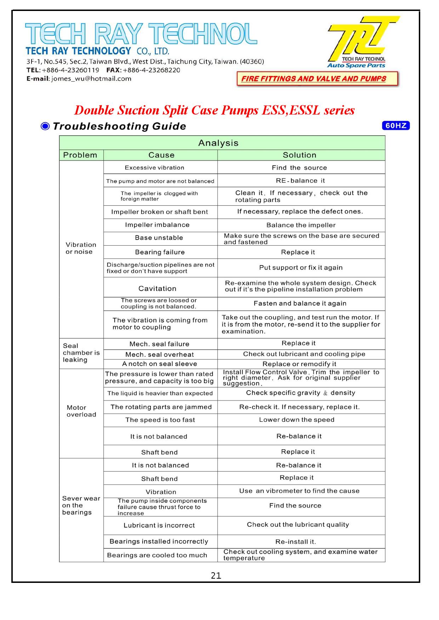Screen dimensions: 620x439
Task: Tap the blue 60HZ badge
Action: coord(395,126)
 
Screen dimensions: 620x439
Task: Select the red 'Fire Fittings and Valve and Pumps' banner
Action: coord(317,79)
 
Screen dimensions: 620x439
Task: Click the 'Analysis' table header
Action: coord(218,143)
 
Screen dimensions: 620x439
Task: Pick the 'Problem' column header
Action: coord(80,155)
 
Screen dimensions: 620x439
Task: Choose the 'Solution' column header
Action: coord(300,155)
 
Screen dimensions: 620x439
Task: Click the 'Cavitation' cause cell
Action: coord(157,288)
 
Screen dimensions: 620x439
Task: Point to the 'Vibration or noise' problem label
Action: coord(80,248)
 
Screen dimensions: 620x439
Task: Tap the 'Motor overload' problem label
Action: coord(81,411)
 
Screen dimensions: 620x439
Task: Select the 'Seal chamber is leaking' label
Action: coord(81,353)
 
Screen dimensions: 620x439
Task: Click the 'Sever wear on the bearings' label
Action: coord(81,505)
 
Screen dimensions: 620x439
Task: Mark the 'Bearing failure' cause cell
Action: coord(160,252)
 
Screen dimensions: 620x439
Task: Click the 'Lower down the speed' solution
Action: coord(297,420)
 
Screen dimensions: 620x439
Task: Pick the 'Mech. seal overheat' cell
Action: coord(160,355)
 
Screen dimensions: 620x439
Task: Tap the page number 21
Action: coord(216,576)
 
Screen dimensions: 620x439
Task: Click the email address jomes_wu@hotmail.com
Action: coord(91,79)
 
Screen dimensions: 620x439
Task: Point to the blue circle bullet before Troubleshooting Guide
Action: coord(45,126)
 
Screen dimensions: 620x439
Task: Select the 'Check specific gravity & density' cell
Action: coord(301,393)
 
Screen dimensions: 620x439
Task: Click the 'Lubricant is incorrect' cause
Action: coord(159,525)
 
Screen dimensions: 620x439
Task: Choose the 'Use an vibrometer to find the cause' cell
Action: coord(299,491)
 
